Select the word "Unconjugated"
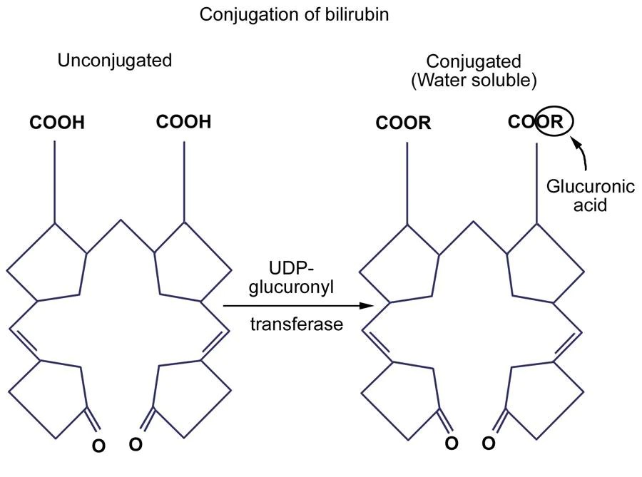point(115,60)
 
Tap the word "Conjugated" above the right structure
point(473,62)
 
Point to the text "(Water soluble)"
point(474,81)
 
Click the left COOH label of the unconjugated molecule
point(57,123)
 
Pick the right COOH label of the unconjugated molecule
point(184,122)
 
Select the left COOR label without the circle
point(404,123)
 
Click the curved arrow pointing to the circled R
point(581,153)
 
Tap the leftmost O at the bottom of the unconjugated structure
point(99,446)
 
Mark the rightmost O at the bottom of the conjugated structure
point(488,443)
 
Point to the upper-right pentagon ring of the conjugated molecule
point(544,262)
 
